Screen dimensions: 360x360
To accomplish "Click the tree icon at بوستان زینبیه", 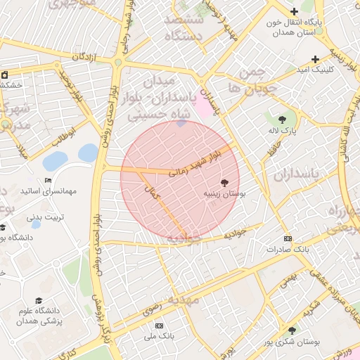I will [x=224, y=181].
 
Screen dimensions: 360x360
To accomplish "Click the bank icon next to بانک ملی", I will [x=159, y=326].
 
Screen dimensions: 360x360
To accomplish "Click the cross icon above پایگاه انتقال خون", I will [x=294, y=11].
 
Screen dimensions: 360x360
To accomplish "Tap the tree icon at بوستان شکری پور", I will [x=292, y=330].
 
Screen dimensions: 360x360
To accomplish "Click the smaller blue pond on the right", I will [x=88, y=153].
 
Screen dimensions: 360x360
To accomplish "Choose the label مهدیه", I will [x=183, y=300].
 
